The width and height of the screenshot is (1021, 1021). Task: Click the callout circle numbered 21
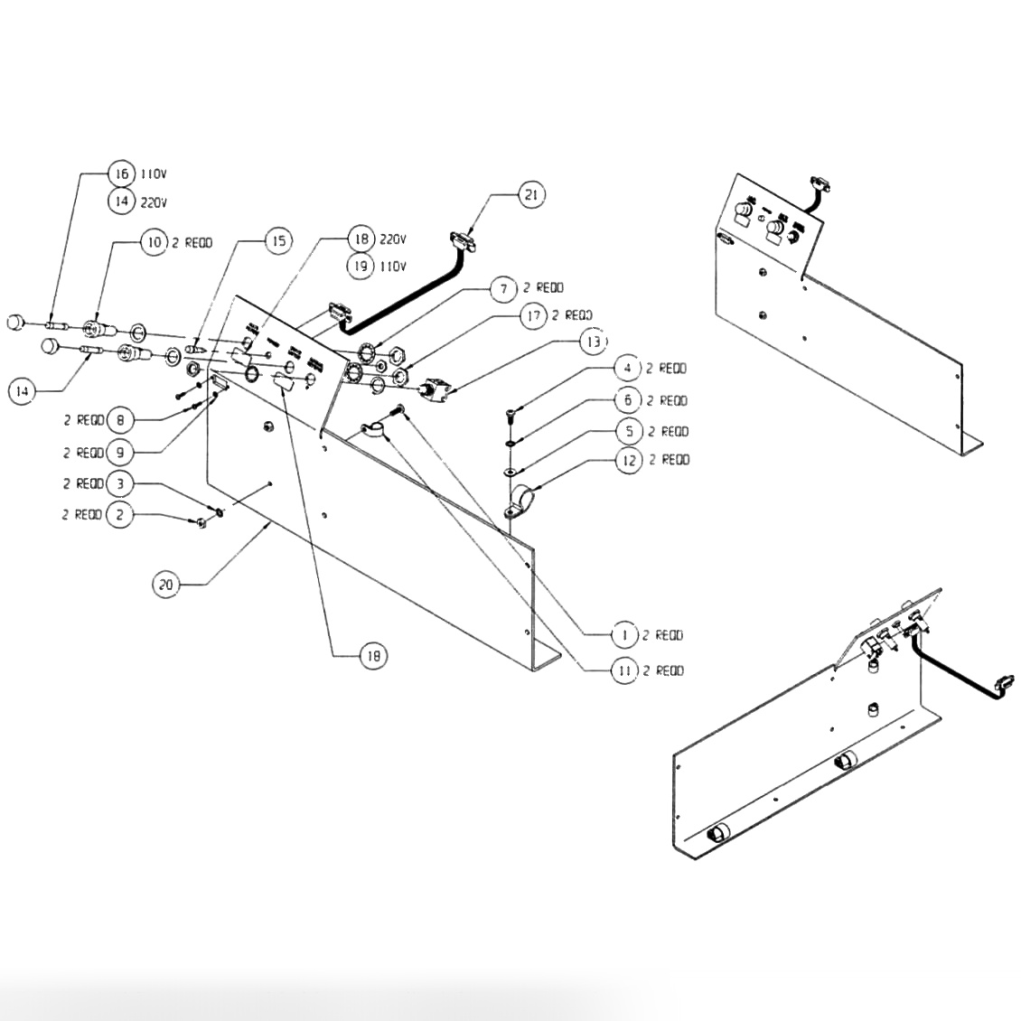531,194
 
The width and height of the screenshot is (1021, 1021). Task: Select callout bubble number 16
120,173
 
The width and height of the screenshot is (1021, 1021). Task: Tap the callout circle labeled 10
154,242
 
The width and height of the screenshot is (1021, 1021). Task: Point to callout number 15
279,240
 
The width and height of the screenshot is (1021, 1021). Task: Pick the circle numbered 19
361,266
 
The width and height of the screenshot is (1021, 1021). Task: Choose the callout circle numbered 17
533,315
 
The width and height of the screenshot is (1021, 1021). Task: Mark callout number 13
592,342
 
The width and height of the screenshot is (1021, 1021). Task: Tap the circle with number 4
627,369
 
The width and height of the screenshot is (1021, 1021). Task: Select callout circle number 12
630,460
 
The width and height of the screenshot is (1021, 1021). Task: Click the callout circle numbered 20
165,585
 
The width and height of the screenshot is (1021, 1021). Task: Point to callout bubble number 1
624,636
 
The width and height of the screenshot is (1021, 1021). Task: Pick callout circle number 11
624,670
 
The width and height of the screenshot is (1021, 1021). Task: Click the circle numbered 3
120,484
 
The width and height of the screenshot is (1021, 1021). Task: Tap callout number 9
120,452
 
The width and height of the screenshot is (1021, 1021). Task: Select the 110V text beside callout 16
151,174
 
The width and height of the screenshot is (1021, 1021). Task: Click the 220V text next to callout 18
393,240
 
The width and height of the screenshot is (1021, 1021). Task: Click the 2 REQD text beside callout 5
668,431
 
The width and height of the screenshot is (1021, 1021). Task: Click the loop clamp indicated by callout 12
521,500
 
